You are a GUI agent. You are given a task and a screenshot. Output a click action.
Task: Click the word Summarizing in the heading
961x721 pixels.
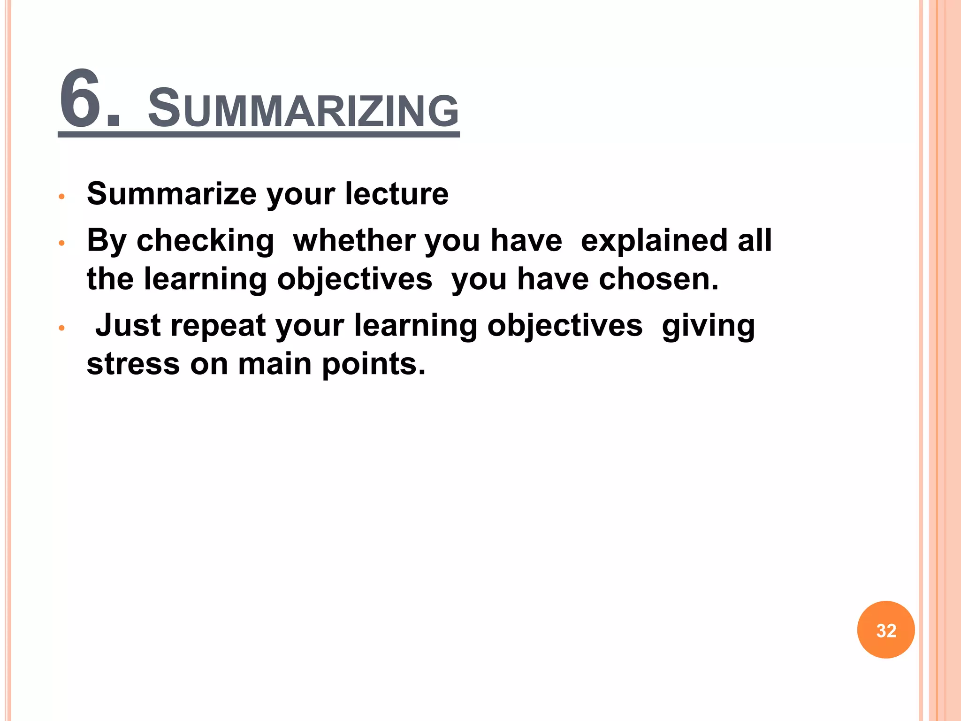(303, 109)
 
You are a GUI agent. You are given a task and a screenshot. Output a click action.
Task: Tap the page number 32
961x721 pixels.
(886, 630)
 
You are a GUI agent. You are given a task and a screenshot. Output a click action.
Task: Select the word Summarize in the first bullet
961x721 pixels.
(172, 193)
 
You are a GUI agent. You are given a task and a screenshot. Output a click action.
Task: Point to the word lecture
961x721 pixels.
(397, 193)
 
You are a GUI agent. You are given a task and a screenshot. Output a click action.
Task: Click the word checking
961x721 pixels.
(205, 241)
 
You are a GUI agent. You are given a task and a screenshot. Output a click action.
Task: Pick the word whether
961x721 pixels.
(353, 240)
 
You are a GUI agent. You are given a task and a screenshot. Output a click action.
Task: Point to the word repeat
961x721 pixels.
(218, 326)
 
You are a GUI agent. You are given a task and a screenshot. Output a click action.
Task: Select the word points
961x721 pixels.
(374, 364)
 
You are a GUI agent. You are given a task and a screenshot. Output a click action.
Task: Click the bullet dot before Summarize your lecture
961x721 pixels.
(61, 196)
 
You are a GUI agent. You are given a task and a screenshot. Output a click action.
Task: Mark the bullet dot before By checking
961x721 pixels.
(61, 243)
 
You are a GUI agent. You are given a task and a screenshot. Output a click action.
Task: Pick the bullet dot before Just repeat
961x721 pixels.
(61, 328)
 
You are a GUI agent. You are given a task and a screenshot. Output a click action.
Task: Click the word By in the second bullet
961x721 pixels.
(107, 241)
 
